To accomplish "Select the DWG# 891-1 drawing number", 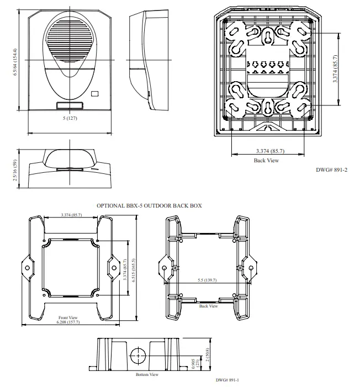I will (x=227, y=380).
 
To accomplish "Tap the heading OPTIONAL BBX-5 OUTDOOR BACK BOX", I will (x=149, y=205).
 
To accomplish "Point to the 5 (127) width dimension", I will (x=68, y=119).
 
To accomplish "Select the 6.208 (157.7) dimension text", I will (x=69, y=322).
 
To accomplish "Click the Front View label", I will (x=68, y=317).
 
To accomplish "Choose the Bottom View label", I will (x=147, y=374).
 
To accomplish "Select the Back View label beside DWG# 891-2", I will (x=266, y=161).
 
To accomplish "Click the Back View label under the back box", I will (x=208, y=305).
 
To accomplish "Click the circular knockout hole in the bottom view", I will (x=138, y=353).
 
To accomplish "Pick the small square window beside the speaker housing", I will (x=95, y=94).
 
